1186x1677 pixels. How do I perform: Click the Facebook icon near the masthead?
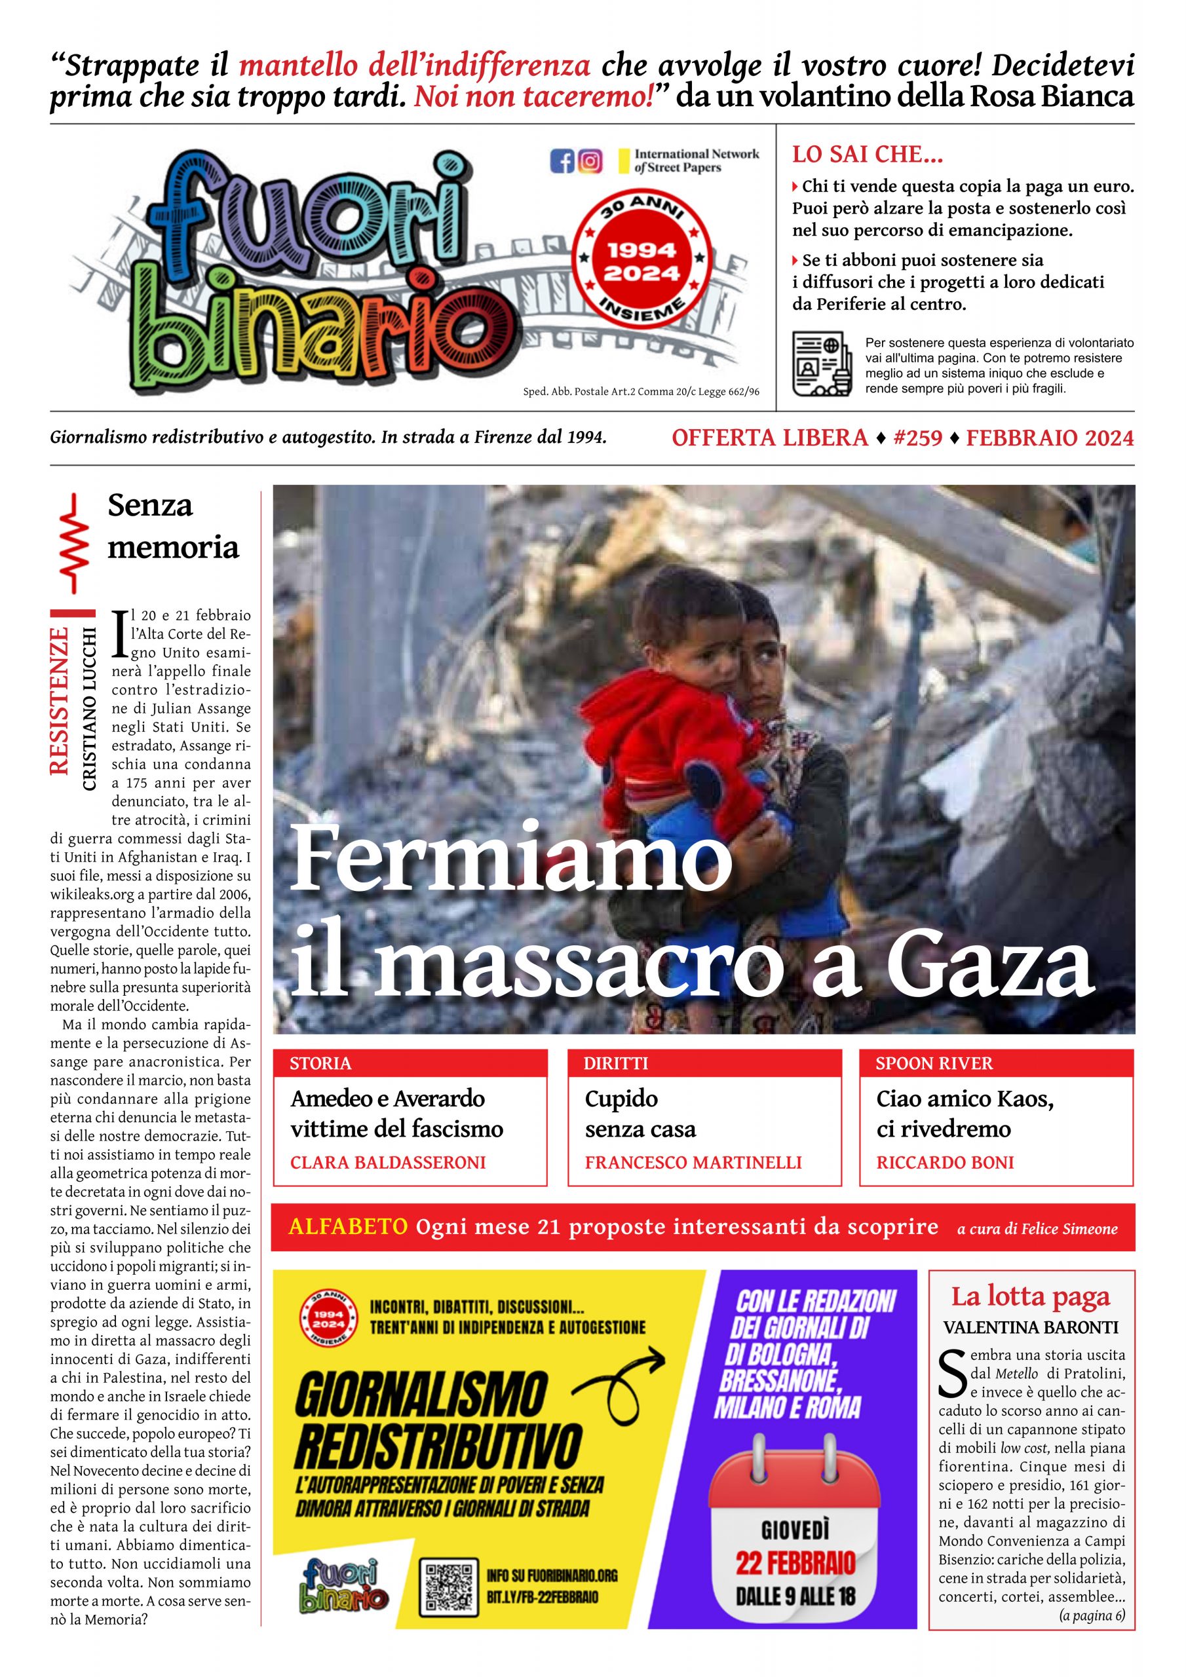pos(562,160)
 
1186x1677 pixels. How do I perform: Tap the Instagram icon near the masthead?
pos(590,160)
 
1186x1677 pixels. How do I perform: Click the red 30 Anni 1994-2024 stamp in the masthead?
pos(641,261)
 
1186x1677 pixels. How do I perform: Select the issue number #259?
pos(917,438)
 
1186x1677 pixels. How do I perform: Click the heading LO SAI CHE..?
pos(868,155)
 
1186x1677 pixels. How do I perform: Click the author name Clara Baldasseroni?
pos(387,1162)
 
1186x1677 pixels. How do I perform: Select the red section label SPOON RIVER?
pos(933,1063)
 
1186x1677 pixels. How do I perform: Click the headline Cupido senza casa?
pos(640,1113)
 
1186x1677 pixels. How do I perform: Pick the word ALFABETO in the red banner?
pos(348,1226)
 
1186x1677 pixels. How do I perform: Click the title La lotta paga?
pos(1029,1296)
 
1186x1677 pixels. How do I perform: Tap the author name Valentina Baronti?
pos(1030,1327)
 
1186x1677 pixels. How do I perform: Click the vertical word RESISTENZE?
pos(59,700)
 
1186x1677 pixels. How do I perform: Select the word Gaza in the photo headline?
pos(989,966)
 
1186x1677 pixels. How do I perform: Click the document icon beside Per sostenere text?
pos(822,364)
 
